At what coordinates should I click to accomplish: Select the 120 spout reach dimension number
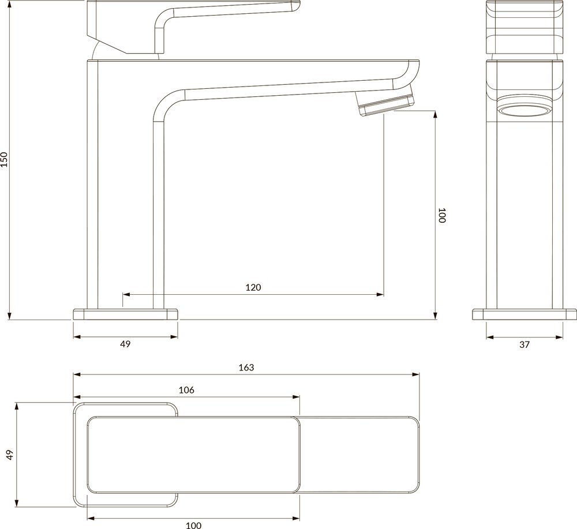pos(253,287)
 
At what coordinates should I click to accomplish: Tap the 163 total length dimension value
pos(246,367)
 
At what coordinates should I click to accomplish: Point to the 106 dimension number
pos(186,390)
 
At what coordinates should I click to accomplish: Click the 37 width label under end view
pos(524,345)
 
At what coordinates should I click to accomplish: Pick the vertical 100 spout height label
pos(442,215)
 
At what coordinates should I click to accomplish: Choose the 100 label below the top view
pos(193,526)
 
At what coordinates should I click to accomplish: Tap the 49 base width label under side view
pos(125,344)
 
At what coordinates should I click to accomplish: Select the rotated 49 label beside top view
pos(10,455)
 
